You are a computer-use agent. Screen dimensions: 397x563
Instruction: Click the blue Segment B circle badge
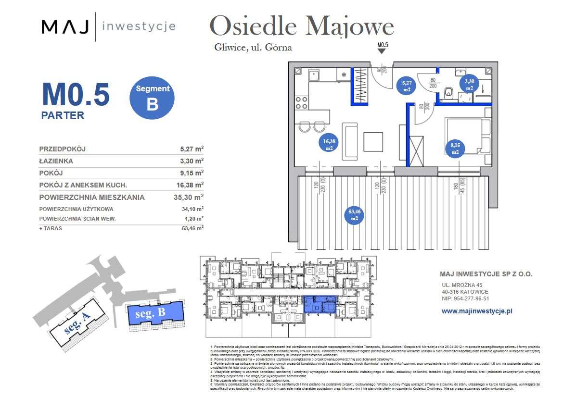pyautogui.click(x=152, y=98)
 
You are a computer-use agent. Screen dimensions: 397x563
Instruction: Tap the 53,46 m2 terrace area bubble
pyautogui.click(x=354, y=214)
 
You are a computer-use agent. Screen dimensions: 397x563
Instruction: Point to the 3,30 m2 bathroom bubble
pyautogui.click(x=469, y=85)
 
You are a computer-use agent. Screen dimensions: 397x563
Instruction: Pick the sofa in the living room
pyautogui.click(x=350, y=142)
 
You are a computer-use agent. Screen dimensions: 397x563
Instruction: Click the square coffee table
pyautogui.click(x=373, y=142)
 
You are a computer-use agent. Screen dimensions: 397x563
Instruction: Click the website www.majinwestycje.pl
pyautogui.click(x=477, y=311)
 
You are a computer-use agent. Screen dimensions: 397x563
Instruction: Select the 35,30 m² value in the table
pyautogui.click(x=188, y=197)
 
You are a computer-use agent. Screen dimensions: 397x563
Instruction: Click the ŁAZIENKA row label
pyautogui.click(x=56, y=161)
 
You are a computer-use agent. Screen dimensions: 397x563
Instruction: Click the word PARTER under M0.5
pyautogui.click(x=63, y=115)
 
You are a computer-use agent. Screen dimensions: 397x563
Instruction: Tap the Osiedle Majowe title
pyautogui.click(x=302, y=26)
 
